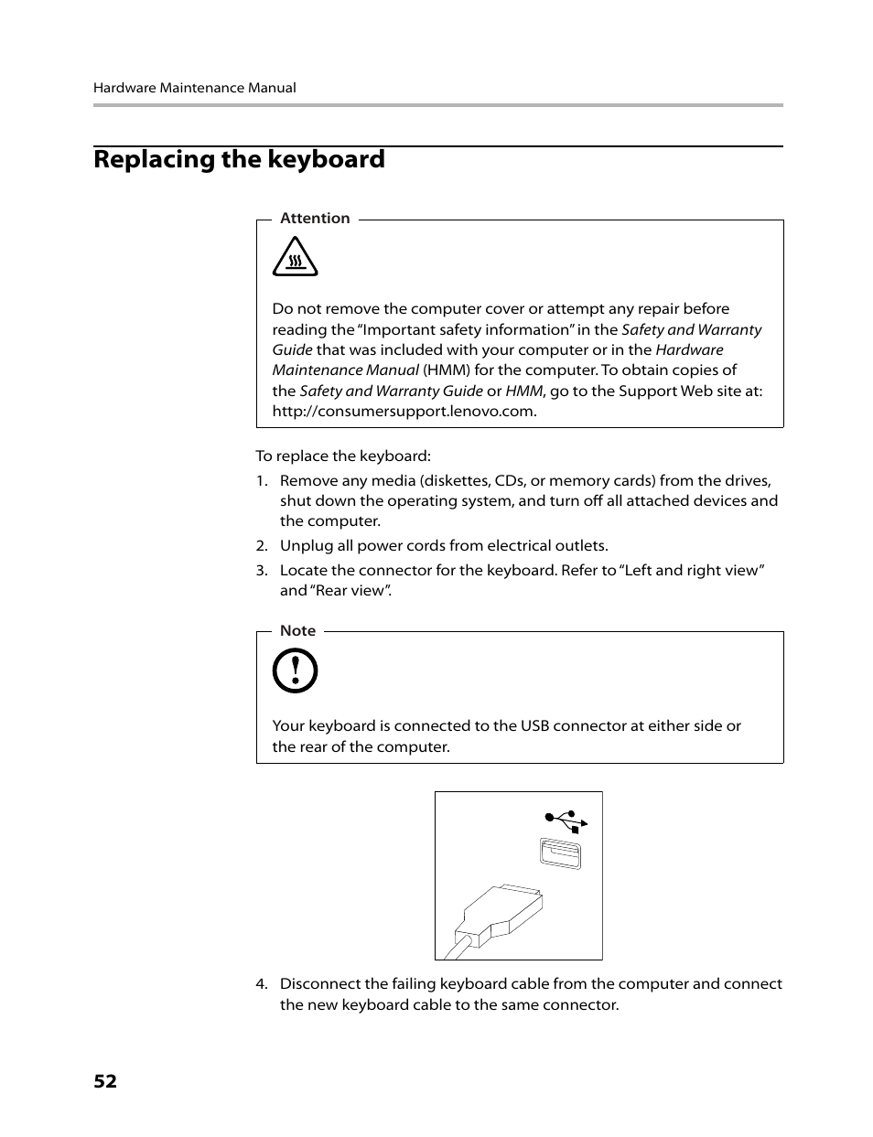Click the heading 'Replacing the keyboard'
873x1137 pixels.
(x=239, y=159)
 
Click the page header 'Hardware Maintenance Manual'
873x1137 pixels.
(x=194, y=88)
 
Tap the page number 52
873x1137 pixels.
(x=105, y=1081)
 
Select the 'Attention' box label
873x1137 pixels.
(x=315, y=218)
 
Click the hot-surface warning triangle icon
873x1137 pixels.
(x=295, y=258)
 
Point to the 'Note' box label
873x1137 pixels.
(x=297, y=630)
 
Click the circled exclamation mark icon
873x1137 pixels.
(x=295, y=671)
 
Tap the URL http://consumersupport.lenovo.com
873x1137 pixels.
(x=404, y=411)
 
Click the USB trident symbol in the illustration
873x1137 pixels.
(x=566, y=821)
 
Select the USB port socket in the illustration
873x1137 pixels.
(x=560, y=853)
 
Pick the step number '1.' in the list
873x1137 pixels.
(x=262, y=480)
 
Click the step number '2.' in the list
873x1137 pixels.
(x=262, y=545)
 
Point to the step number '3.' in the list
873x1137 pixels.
(x=262, y=570)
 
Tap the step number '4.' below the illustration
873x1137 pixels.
(x=262, y=983)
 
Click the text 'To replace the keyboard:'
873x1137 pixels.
(x=342, y=456)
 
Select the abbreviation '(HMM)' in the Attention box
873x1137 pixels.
(x=446, y=370)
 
